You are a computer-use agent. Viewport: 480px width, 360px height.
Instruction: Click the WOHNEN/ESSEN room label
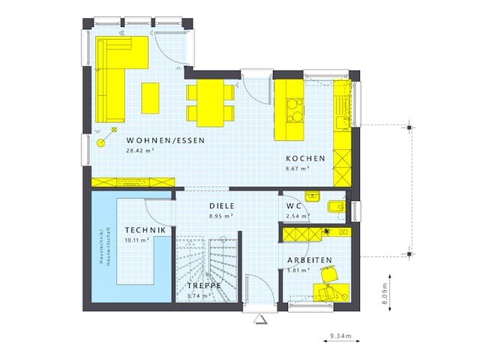coord(165,140)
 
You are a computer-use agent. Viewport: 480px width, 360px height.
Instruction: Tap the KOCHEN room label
coord(305,158)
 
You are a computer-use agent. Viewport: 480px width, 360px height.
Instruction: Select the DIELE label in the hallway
coord(221,205)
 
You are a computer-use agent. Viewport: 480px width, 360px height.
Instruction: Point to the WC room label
coord(293,206)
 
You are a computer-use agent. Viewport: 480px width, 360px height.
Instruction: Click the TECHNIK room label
coord(145,230)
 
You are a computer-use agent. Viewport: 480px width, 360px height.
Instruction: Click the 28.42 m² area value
coord(140,151)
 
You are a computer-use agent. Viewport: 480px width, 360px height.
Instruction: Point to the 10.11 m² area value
coord(136,240)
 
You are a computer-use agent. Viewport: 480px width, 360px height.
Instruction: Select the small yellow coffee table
coord(151,97)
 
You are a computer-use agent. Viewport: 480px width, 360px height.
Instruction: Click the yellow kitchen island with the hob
coord(290,110)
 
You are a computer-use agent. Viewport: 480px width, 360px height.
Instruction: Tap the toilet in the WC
coord(336,205)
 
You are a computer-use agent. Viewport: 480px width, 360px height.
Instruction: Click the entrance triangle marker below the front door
coord(260,319)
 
